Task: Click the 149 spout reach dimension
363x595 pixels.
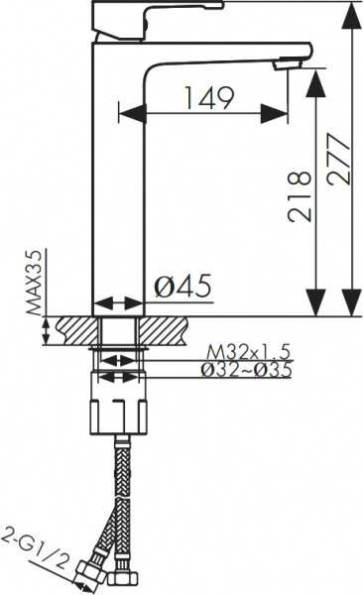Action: click(x=209, y=98)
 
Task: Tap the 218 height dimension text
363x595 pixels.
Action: click(x=300, y=196)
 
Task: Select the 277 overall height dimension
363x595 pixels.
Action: click(x=338, y=159)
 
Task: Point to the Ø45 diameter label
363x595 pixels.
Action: click(x=182, y=286)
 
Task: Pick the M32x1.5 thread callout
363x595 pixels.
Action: click(x=248, y=352)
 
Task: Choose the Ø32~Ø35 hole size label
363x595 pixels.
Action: click(x=246, y=370)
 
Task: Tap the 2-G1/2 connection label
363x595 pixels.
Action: click(x=36, y=550)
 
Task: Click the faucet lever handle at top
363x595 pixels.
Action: click(x=157, y=20)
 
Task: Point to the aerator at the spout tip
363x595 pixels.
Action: click(x=288, y=63)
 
